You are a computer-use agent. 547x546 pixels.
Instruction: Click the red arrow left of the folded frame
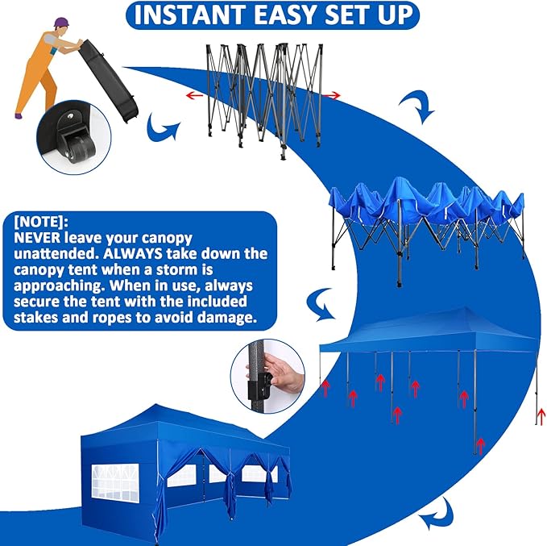point(194,94)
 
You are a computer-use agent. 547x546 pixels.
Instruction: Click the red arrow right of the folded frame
point(332,96)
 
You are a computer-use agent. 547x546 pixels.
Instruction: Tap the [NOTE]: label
point(40,220)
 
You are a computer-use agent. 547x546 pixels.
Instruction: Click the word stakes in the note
point(38,317)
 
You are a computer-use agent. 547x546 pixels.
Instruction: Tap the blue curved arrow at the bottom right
point(441,511)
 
